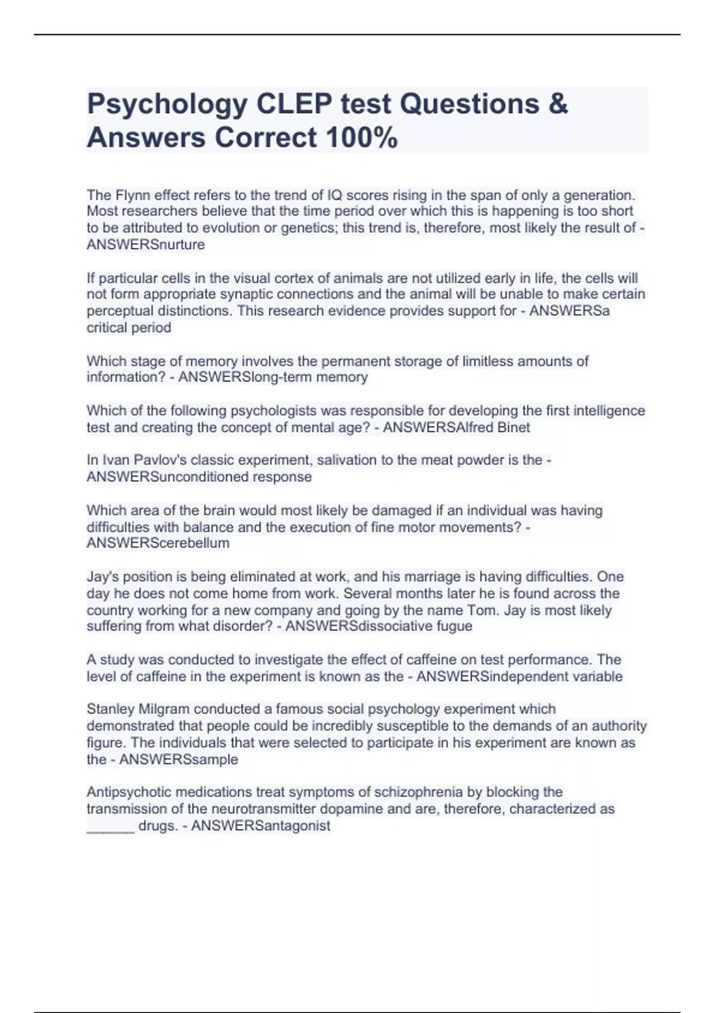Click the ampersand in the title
557,104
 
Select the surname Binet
513,427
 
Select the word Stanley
110,709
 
